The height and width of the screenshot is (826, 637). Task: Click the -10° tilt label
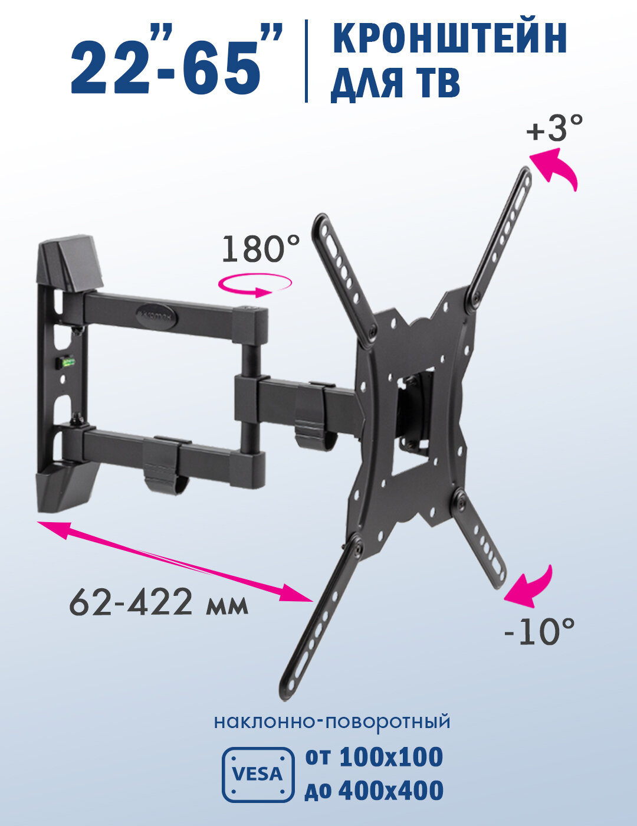tap(539, 631)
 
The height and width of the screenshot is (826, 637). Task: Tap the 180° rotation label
tap(261, 248)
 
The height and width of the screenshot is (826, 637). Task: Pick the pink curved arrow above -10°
tap(528, 587)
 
